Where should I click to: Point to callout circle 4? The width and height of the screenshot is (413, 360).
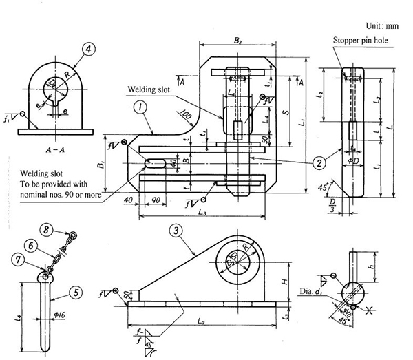(x=87, y=49)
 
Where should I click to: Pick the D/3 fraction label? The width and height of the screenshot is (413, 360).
(x=333, y=207)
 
